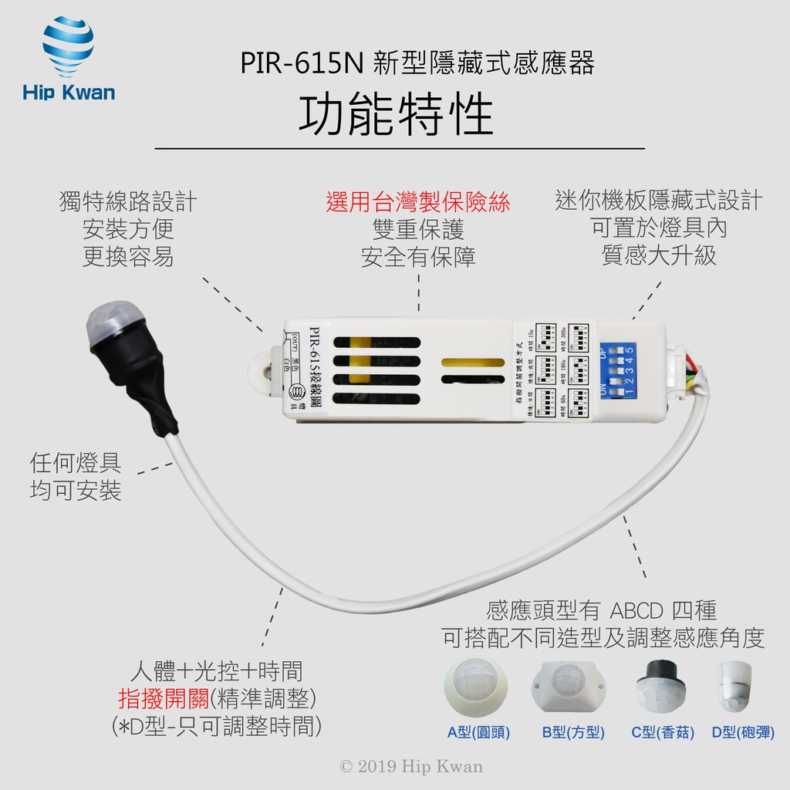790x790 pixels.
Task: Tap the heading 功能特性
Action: click(x=395, y=116)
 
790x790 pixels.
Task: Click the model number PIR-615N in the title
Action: click(x=302, y=63)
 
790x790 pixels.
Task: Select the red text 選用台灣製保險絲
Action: click(x=418, y=203)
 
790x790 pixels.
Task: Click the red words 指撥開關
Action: click(x=164, y=699)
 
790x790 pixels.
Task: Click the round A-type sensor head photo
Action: click(x=477, y=686)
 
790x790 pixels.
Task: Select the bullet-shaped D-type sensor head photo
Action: click(x=735, y=686)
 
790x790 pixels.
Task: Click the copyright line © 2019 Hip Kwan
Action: click(x=411, y=766)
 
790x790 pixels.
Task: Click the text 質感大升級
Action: click(x=659, y=255)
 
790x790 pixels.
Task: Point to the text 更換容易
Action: click(x=128, y=256)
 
